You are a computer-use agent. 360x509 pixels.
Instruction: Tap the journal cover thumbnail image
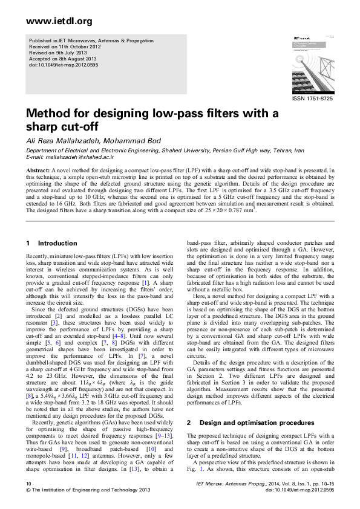pos(312,64)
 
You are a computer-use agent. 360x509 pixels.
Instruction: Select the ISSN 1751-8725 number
pos(312,98)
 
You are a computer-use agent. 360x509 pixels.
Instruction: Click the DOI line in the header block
pos(60,64)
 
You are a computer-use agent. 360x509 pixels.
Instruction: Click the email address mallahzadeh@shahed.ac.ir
pos(80,156)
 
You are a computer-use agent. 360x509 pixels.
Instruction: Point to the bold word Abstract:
pos(38,171)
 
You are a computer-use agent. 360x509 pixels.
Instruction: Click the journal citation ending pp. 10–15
pos(264,484)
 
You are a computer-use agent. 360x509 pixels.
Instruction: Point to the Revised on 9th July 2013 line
pos(59,52)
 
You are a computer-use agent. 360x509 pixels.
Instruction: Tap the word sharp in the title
pos(44,127)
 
